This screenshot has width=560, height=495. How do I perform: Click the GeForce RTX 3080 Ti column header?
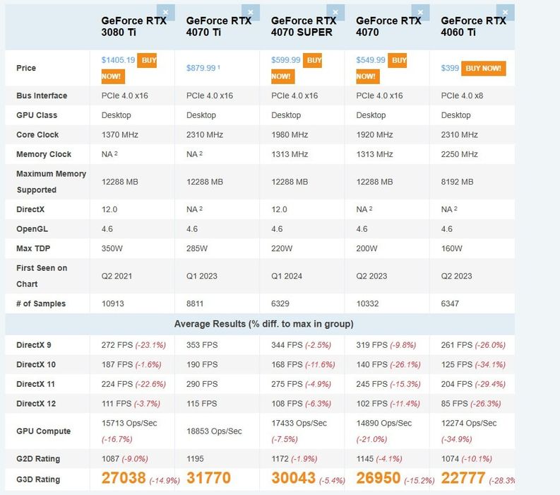point(134,26)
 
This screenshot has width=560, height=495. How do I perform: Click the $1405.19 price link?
point(118,60)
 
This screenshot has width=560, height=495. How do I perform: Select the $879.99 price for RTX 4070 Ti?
point(201,68)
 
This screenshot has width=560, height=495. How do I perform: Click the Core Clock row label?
point(37,134)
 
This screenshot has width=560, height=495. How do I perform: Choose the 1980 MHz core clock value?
point(290,134)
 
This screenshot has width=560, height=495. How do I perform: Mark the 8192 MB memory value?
point(457,182)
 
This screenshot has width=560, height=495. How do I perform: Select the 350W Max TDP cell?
point(114,248)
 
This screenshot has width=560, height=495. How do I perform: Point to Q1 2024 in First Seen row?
point(287,276)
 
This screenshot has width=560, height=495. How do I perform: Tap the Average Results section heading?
point(263,324)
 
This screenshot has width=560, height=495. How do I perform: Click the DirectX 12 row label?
point(36,404)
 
